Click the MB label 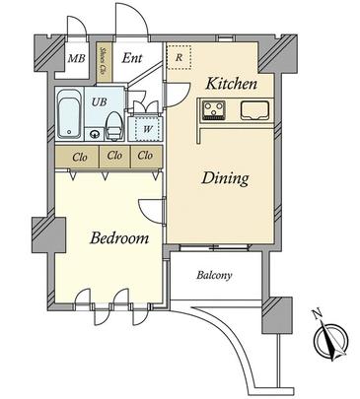pyautogui.click(x=75, y=59)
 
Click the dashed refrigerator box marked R pyautogui.click(x=179, y=57)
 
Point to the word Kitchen pyautogui.click(x=231, y=84)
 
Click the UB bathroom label pyautogui.click(x=100, y=100)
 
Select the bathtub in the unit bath pyautogui.click(x=69, y=116)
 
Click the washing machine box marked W pyautogui.click(x=146, y=125)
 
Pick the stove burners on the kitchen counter pyautogui.click(x=215, y=112)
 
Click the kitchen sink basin pyautogui.click(x=254, y=110)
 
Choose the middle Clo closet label pyautogui.click(x=113, y=156)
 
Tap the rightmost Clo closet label pyautogui.click(x=145, y=156)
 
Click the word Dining pyautogui.click(x=225, y=178)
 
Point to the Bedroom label pyautogui.click(x=118, y=238)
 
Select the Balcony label pyautogui.click(x=212, y=276)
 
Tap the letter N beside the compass pyautogui.click(x=317, y=313)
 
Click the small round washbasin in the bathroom pyautogui.click(x=96, y=134)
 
